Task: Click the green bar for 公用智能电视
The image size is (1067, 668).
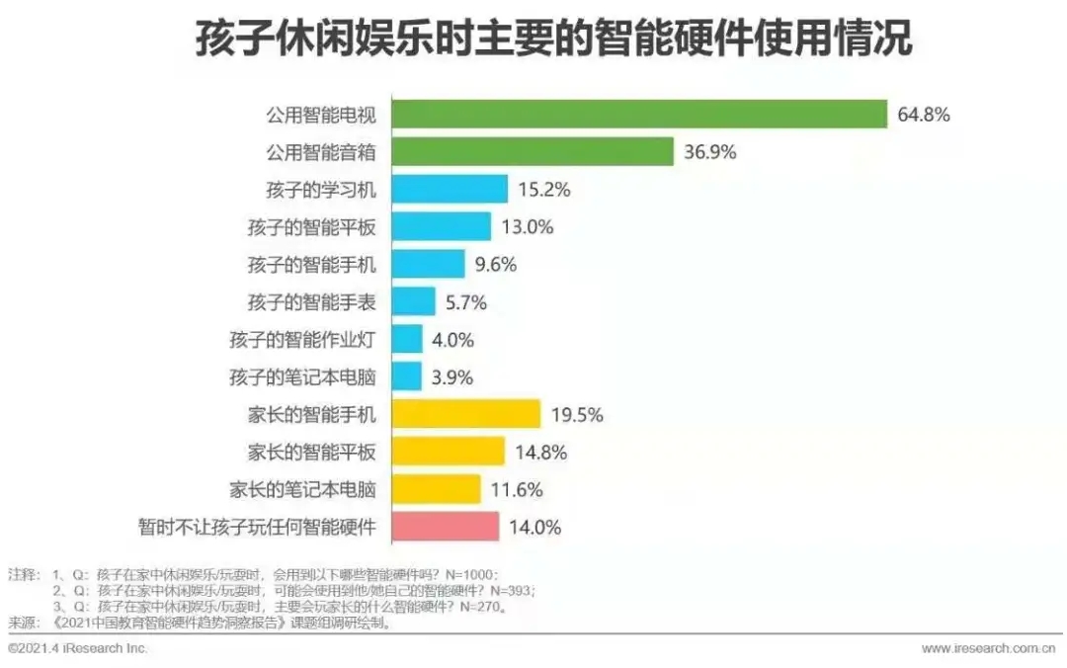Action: (x=639, y=115)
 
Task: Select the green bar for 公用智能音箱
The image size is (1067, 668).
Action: (x=533, y=152)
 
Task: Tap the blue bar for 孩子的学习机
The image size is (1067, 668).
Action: (x=450, y=190)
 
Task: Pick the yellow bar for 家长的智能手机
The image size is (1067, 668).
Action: (x=466, y=414)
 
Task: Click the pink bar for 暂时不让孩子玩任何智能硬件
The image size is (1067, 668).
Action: (x=446, y=527)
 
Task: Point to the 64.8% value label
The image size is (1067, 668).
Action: (x=924, y=115)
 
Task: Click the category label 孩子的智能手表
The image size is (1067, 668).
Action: (x=311, y=302)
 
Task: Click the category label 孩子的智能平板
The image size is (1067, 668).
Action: (x=311, y=227)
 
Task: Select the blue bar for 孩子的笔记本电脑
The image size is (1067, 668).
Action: (x=407, y=376)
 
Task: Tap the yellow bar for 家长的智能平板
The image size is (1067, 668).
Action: (x=449, y=452)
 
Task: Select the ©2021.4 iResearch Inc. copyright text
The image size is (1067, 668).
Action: (x=78, y=648)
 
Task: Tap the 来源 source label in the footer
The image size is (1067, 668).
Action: (x=22, y=624)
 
